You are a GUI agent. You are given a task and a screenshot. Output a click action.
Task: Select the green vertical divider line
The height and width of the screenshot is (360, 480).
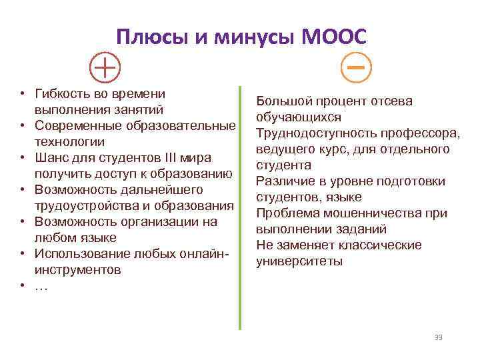(239, 207)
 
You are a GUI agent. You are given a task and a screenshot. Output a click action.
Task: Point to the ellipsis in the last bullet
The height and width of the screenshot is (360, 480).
(41, 286)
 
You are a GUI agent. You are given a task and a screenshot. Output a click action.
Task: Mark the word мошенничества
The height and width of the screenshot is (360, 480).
(370, 213)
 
